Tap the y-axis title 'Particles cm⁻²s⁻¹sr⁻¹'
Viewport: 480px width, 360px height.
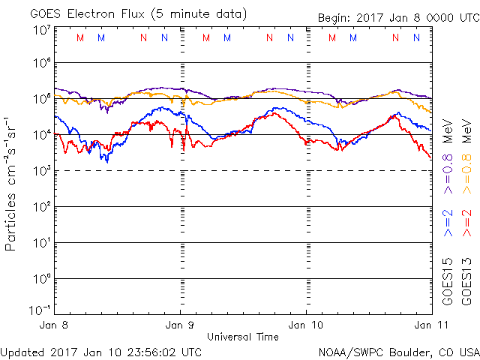point(12,183)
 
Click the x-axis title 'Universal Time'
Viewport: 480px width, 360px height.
point(242,337)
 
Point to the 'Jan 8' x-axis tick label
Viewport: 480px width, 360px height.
point(53,325)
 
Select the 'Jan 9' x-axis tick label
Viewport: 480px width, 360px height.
point(180,325)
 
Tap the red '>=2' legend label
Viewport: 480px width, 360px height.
point(466,223)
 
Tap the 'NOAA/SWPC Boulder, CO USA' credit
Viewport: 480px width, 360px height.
point(398,351)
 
